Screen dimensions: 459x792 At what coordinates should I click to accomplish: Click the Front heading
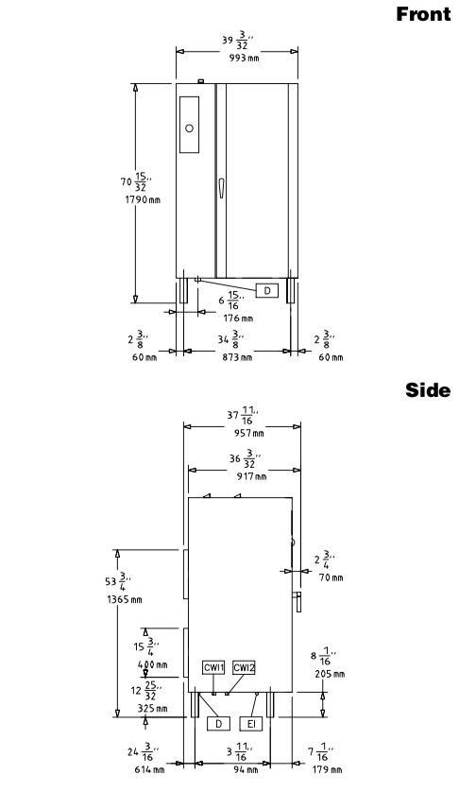coord(423,14)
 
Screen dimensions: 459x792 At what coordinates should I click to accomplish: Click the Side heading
coord(428,390)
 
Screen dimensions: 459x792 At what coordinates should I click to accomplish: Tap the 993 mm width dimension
coord(245,58)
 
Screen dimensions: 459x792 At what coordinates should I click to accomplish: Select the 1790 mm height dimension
coord(143,199)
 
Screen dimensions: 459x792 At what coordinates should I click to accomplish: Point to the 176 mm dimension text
coord(238,319)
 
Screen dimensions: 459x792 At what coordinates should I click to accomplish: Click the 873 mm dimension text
coord(237,357)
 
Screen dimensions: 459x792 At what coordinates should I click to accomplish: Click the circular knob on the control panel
coord(189,128)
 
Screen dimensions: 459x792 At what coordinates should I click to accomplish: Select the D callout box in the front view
coord(267,290)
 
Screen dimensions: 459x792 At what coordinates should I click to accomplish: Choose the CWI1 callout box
coord(213,667)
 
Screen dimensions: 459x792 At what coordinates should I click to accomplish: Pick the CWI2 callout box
coord(244,667)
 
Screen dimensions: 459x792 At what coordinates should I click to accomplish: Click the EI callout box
coord(251,724)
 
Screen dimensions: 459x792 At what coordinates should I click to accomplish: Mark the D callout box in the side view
coord(219,724)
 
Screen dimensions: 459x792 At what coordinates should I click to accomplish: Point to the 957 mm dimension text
coord(249,433)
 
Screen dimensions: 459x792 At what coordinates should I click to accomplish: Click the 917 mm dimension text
coord(251,475)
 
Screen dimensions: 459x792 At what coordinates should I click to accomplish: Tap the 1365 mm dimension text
coord(125,599)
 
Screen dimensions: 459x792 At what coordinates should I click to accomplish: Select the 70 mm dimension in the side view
coord(331,577)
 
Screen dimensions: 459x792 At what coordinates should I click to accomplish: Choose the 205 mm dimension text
coord(330,674)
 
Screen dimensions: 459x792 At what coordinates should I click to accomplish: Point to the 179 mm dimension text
coord(327,769)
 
